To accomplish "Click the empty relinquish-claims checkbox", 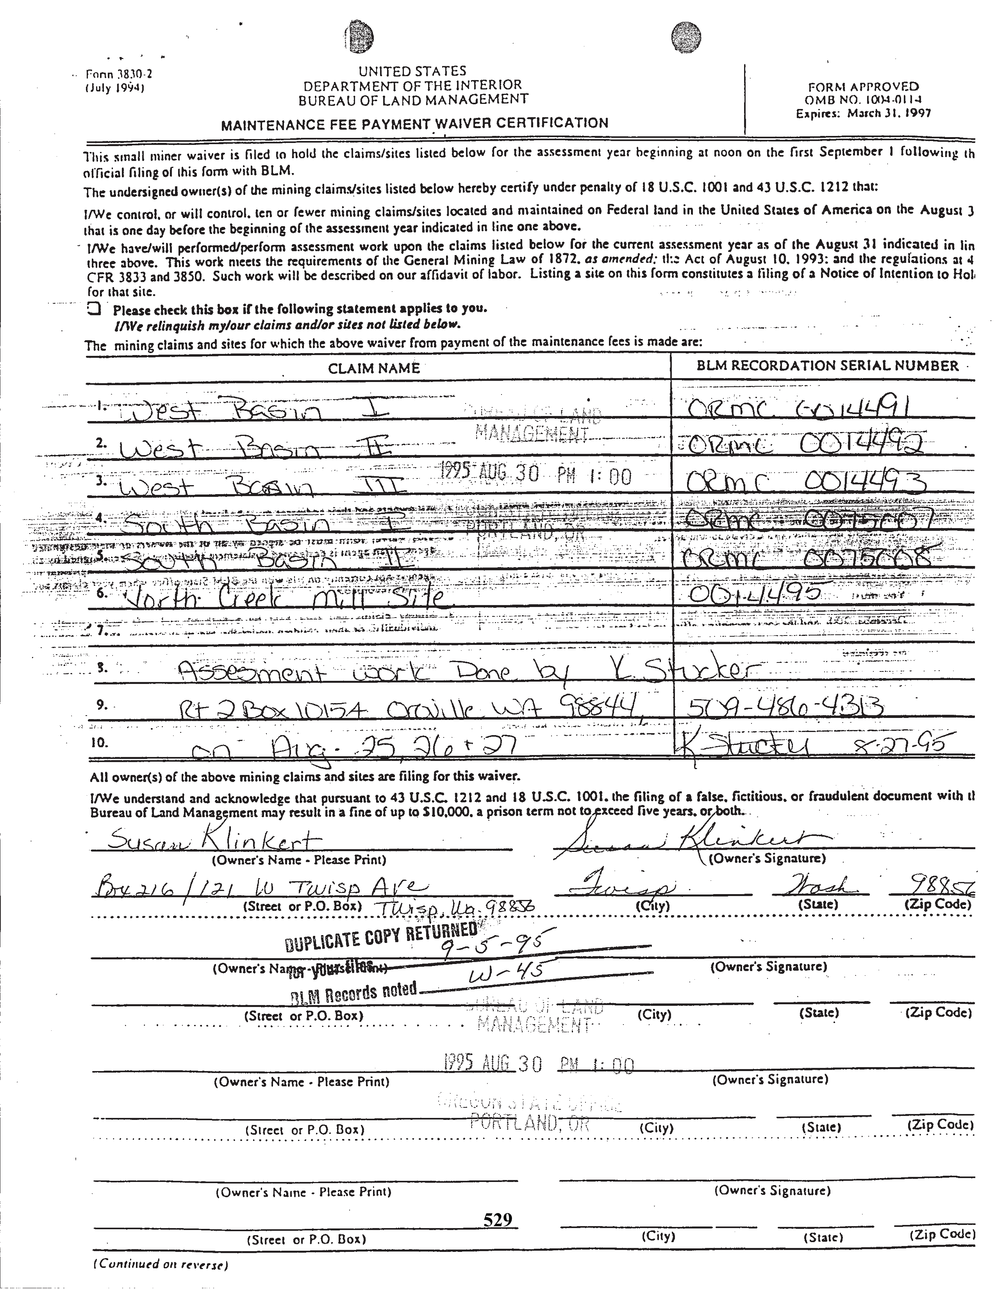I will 93,308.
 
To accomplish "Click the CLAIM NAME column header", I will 373,368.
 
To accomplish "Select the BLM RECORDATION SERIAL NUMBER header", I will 827,365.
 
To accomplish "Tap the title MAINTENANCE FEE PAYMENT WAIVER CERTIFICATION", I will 414,124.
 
